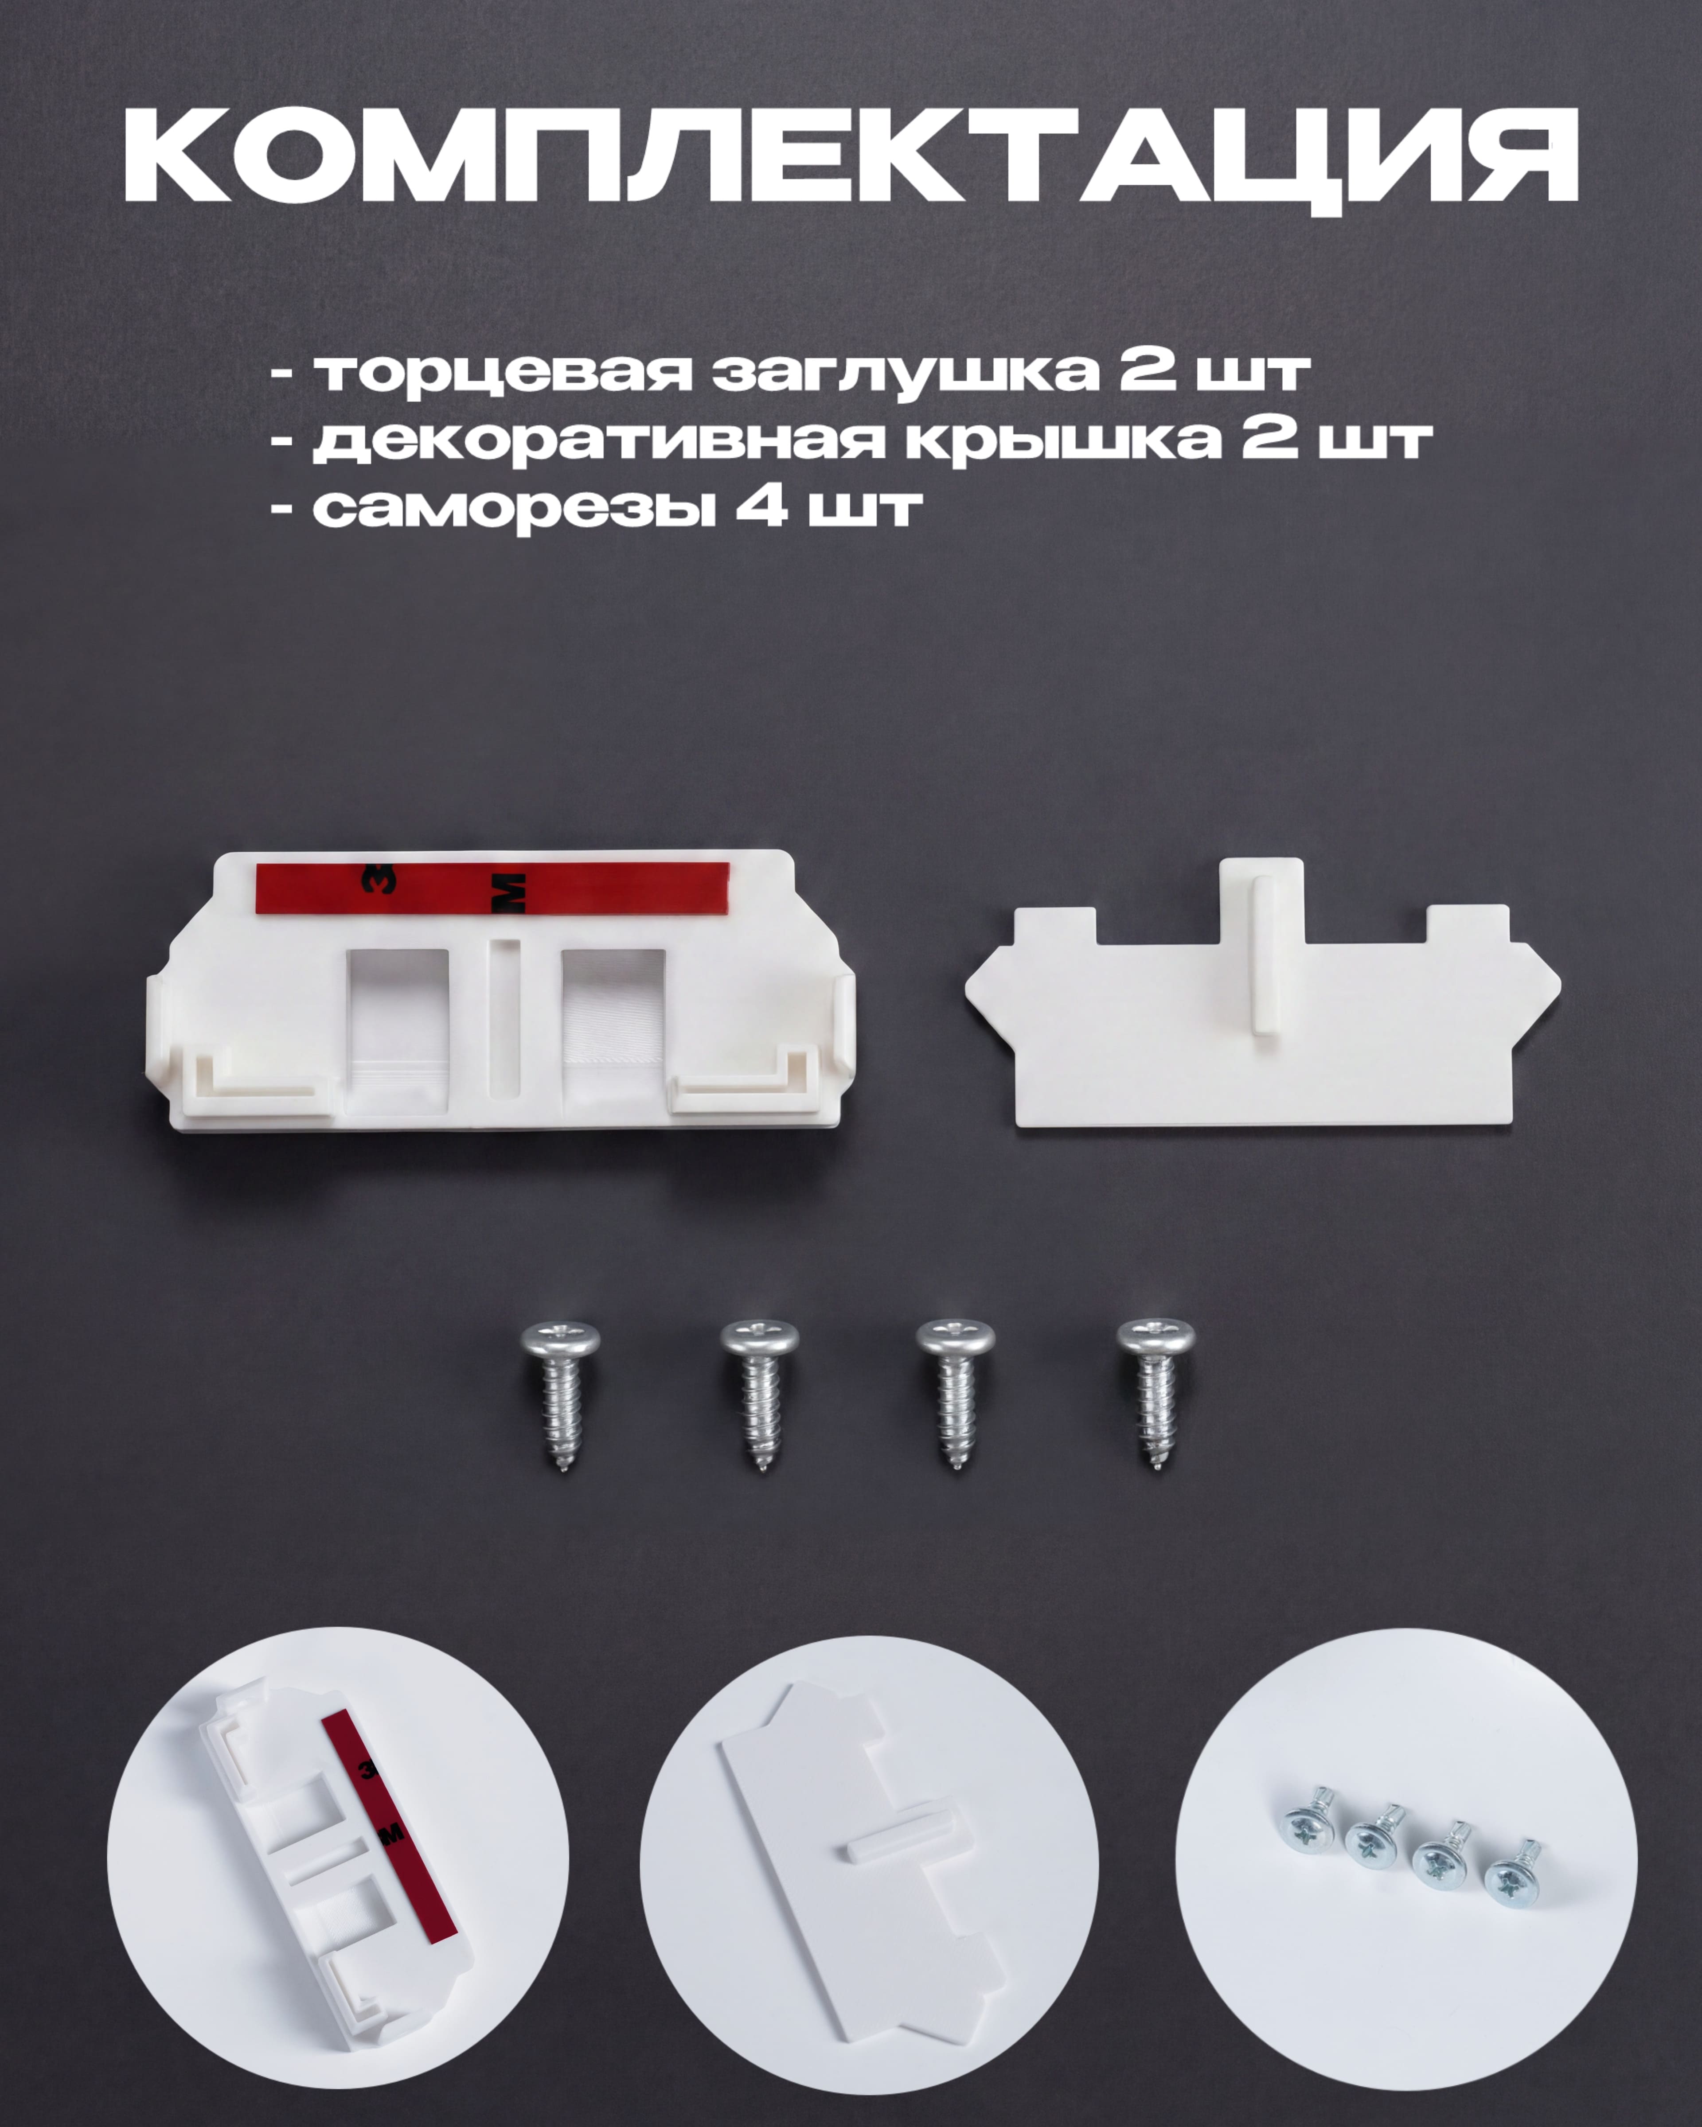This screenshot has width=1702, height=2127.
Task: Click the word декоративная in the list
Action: tap(599, 441)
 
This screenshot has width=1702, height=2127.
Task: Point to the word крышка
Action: tap(1062, 441)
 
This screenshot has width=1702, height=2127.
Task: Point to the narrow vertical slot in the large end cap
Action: tap(505, 1018)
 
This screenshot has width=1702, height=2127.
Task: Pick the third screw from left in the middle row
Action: tap(955, 1394)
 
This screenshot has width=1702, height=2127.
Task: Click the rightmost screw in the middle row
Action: tap(1155, 1394)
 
